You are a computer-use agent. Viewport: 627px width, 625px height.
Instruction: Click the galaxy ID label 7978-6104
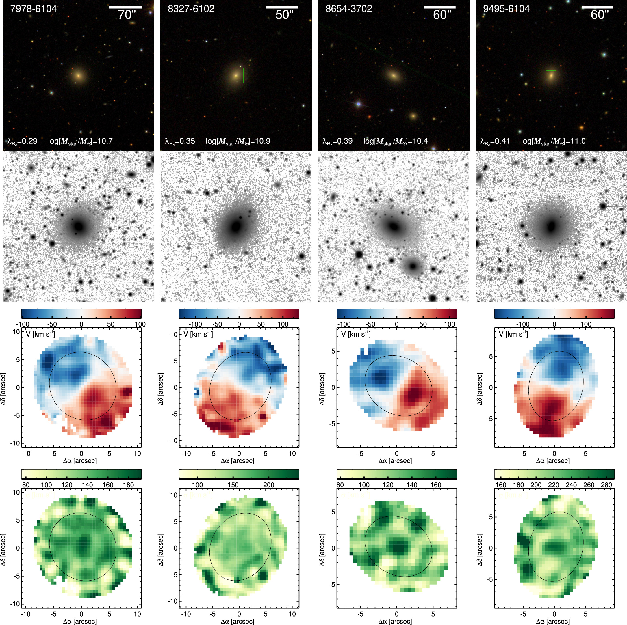(x=34, y=9)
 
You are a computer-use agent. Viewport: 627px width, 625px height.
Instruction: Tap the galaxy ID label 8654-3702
(x=348, y=9)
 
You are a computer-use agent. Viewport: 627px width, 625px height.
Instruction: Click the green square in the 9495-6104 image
(x=551, y=76)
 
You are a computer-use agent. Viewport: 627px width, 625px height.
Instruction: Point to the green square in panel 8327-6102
(x=236, y=76)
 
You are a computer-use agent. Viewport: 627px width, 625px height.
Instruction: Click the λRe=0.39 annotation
(x=337, y=141)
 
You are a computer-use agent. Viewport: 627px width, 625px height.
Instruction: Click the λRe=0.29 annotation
(x=22, y=141)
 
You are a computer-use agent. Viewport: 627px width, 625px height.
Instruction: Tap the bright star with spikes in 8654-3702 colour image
(x=359, y=104)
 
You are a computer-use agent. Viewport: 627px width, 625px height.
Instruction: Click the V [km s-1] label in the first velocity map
(x=40, y=334)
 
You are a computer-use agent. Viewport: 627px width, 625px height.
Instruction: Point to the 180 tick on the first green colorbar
(x=129, y=485)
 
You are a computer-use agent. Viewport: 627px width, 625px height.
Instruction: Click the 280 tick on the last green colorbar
(x=606, y=485)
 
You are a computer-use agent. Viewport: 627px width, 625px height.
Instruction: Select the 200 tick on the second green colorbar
(x=268, y=485)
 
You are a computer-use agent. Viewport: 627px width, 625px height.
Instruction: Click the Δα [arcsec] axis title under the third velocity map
(x=395, y=461)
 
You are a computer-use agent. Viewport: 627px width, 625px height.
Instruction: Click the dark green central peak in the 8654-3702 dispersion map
(x=398, y=546)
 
